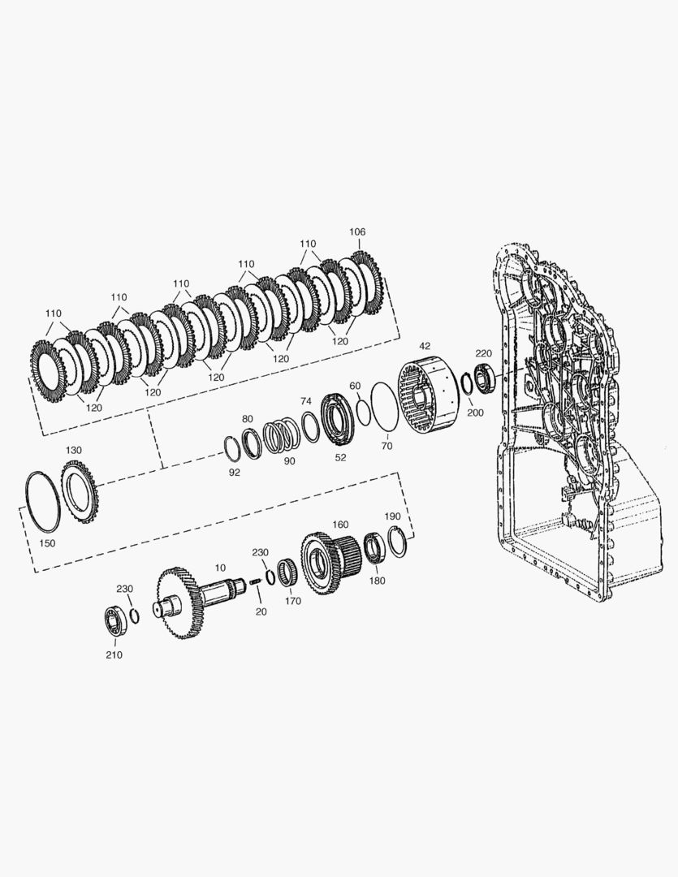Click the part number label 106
(x=357, y=231)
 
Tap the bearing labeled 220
(x=484, y=378)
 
